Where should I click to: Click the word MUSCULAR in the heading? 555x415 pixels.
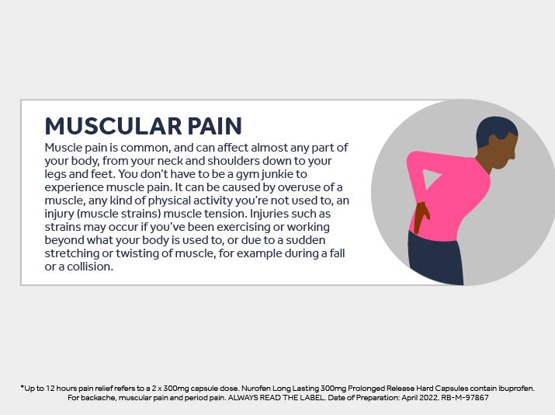click(113, 126)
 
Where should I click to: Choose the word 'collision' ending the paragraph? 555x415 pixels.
click(90, 267)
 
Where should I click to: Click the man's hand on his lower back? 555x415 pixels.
click(421, 217)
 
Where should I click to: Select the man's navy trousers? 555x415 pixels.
click(435, 257)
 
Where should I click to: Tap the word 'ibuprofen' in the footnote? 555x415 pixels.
click(516, 389)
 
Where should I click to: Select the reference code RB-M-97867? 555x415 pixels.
click(465, 398)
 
